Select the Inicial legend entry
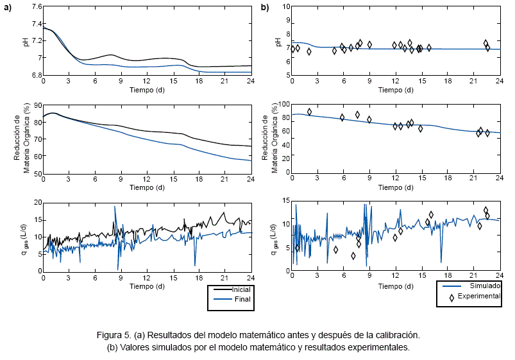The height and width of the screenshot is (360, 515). (240, 289)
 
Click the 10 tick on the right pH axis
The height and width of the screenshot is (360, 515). (286, 7)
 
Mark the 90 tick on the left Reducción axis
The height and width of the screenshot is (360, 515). (37, 105)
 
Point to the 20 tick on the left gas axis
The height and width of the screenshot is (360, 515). (37, 203)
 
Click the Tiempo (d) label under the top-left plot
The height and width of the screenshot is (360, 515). (147, 90)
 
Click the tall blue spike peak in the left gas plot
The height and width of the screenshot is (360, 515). (115, 207)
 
